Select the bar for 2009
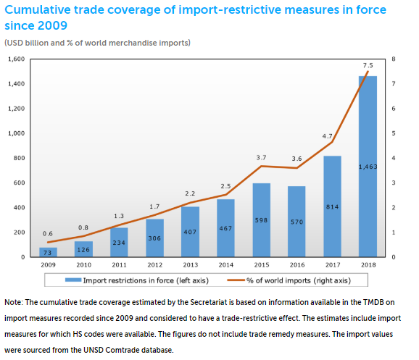coord(48,252)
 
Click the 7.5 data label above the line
coord(368,64)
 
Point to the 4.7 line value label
coord(327,135)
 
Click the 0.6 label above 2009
coord(47,233)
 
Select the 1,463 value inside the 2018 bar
coord(368,167)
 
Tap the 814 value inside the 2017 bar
coord(332,206)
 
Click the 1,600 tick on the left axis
coord(15,59)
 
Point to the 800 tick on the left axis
coord(19,158)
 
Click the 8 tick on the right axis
coord(392,59)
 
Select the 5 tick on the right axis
coord(392,133)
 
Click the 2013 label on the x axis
coord(190,265)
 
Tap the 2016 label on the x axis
coord(296,265)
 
